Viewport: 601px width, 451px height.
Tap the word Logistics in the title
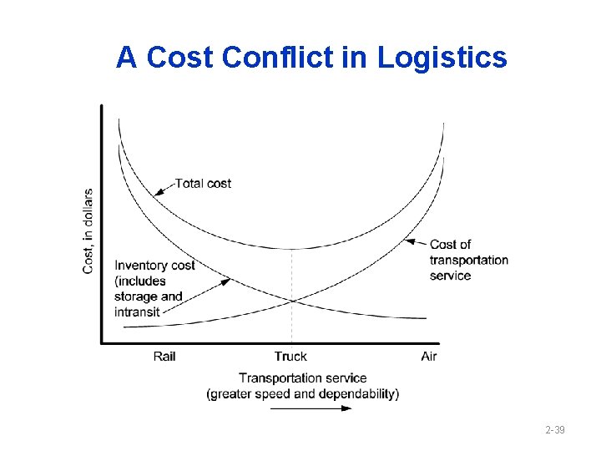[x=442, y=58]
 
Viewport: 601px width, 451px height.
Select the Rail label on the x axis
[x=164, y=357]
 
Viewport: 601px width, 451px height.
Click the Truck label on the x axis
[x=290, y=357]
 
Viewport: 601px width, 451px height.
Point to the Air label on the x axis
[x=428, y=357]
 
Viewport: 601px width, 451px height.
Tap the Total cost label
[x=203, y=183]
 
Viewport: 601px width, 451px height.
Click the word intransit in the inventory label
[x=137, y=312]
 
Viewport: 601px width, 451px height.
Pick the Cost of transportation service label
[x=468, y=260]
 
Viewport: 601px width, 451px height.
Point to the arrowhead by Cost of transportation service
[x=407, y=241]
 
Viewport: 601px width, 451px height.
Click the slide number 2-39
[x=555, y=430]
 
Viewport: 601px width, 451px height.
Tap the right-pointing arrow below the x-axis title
[x=311, y=408]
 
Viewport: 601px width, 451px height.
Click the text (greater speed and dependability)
[x=303, y=393]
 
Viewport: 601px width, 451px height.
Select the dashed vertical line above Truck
[x=291, y=276]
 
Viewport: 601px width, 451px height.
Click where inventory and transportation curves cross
[x=291, y=301]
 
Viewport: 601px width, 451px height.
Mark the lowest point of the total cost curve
[x=291, y=249]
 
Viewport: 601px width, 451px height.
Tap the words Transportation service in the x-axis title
[x=303, y=378]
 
